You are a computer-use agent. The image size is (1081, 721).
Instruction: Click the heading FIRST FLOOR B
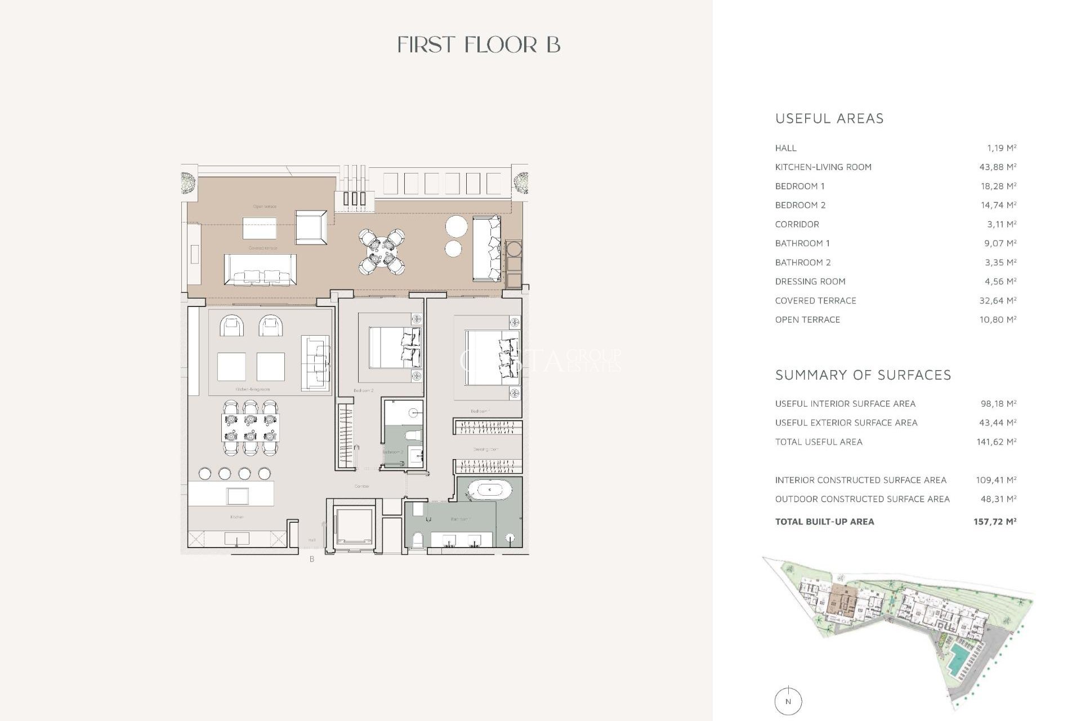click(x=479, y=45)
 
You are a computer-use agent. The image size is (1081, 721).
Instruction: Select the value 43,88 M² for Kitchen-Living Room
click(x=998, y=167)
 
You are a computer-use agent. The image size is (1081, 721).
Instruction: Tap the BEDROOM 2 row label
click(x=800, y=206)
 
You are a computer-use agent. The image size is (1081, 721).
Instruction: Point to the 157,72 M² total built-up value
click(x=995, y=522)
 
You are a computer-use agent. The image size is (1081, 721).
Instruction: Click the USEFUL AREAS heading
click(x=829, y=119)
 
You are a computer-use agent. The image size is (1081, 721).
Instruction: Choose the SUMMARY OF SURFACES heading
click(x=863, y=375)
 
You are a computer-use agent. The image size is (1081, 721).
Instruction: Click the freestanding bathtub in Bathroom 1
click(x=489, y=490)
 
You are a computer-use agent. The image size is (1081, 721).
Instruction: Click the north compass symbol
click(x=788, y=701)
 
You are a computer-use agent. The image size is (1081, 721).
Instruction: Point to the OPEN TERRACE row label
click(x=807, y=320)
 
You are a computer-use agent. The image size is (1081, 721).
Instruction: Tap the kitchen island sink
click(x=237, y=496)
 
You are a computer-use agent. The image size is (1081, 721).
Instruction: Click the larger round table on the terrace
click(x=457, y=227)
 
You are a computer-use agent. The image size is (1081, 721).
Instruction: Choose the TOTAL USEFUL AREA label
click(x=819, y=442)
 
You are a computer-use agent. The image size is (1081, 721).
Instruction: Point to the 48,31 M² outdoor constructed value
click(x=997, y=499)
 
